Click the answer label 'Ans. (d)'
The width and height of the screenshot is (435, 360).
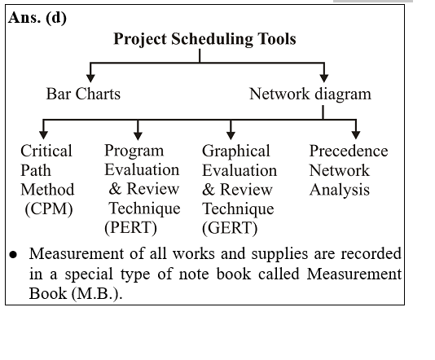click(37, 18)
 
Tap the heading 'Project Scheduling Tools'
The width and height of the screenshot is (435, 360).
click(204, 39)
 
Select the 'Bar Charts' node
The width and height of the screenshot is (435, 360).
click(83, 94)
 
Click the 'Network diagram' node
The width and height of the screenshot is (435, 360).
click(310, 94)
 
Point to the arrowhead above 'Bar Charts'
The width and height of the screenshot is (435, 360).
click(90, 78)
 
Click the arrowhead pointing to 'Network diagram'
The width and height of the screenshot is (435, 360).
click(324, 78)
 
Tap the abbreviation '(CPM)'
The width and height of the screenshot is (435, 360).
click(49, 209)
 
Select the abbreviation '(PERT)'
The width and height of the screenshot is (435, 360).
click(130, 228)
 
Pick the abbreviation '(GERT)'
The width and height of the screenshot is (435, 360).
click(230, 228)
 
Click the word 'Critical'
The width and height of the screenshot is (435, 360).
click(46, 151)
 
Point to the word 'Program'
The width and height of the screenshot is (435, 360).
click(134, 151)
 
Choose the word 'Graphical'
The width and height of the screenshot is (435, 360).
click(235, 151)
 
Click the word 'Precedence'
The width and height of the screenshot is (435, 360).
click(349, 151)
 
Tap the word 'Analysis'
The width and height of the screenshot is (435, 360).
click(340, 191)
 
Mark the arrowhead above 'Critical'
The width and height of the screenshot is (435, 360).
click(43, 135)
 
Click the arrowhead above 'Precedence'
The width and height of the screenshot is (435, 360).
click(356, 135)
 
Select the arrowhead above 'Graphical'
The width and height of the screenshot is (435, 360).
click(231, 135)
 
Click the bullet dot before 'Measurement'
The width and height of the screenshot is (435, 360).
click(13, 255)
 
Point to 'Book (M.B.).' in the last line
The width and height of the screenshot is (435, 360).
click(76, 293)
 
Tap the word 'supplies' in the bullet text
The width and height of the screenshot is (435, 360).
click(279, 254)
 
